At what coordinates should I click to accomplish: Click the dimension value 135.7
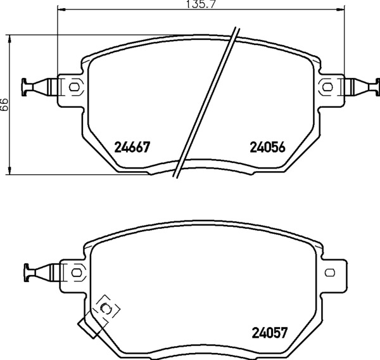pyautogui.click(x=200, y=4)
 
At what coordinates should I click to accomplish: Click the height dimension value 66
pyautogui.click(x=4, y=105)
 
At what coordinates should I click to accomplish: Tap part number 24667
pyautogui.click(x=132, y=147)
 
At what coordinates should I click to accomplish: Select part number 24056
pyautogui.click(x=267, y=147)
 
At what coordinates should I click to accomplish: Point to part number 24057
pyautogui.click(x=270, y=333)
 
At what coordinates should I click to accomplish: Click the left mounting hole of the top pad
pyautogui.click(x=73, y=87)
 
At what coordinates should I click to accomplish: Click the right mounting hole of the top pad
pyautogui.click(x=327, y=87)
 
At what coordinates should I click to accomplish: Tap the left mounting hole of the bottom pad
pyautogui.click(x=77, y=273)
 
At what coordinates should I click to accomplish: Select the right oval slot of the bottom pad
pyautogui.click(x=330, y=273)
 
